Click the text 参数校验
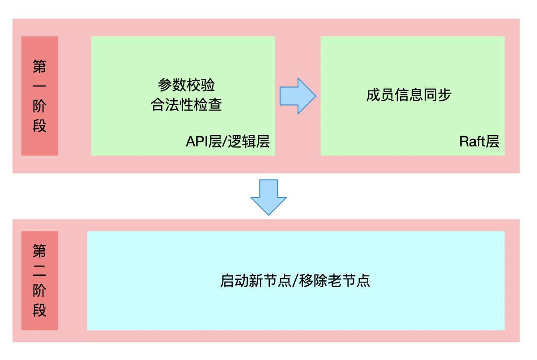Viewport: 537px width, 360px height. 187,85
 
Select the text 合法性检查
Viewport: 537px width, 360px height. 187,106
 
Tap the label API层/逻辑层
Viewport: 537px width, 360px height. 228,141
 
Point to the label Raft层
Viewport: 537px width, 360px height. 479,141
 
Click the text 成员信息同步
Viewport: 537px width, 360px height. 409,95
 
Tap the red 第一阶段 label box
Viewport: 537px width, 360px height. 40,96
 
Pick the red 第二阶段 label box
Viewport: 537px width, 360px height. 40,281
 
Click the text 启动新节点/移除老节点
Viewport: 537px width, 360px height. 295,281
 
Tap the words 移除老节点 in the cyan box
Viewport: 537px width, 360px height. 335,281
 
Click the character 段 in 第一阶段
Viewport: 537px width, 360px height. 40,126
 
